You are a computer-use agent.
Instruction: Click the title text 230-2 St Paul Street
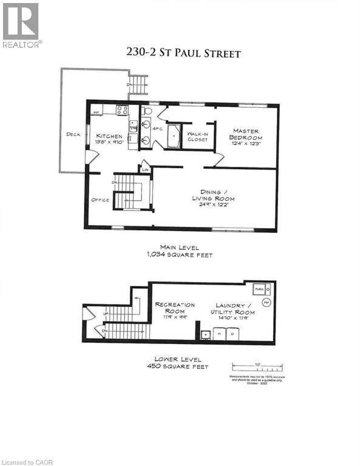183,53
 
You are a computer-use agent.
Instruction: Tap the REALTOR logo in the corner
21,25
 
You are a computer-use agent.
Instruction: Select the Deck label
74,135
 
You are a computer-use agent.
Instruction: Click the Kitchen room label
109,136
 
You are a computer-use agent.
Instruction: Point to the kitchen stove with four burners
122,110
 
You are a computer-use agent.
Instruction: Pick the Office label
100,198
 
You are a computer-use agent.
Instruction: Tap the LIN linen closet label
145,170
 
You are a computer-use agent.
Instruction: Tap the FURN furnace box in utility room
260,289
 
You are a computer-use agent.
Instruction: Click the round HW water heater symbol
266,302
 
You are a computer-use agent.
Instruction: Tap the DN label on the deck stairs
129,84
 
